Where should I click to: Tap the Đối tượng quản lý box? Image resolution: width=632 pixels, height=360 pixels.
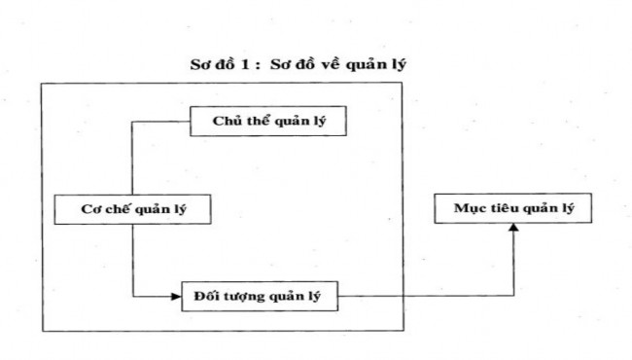point(259,294)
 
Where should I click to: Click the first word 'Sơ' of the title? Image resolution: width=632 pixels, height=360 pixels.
point(200,67)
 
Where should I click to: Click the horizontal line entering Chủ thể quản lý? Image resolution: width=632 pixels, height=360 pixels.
point(160,123)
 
